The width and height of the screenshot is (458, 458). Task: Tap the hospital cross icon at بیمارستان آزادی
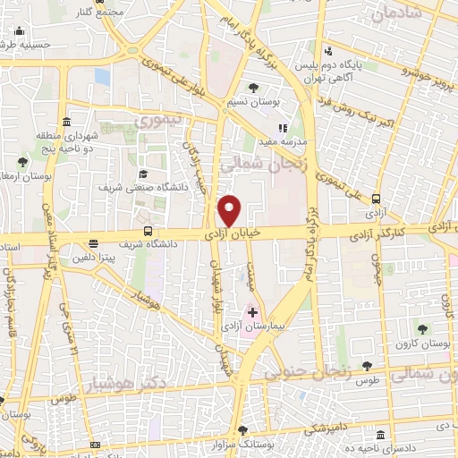coord(253,312)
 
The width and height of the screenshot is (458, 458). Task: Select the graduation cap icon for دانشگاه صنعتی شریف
coord(142,174)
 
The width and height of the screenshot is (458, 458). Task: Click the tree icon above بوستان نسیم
coord(254,88)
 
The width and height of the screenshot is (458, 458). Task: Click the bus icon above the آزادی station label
coord(374,199)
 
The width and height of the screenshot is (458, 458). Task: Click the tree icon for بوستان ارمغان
coord(21,162)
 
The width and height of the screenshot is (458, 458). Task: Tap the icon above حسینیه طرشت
coord(20,33)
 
